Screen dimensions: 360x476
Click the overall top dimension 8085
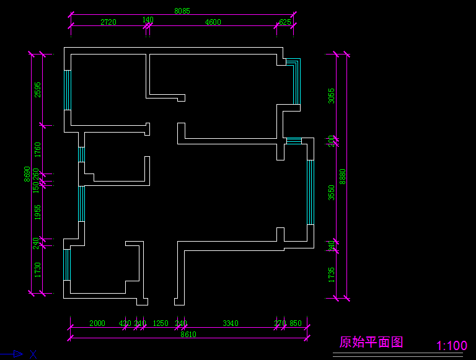[182, 11]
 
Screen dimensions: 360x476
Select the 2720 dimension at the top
[108, 22]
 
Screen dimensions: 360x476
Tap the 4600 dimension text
[213, 22]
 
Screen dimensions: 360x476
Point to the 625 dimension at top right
[285, 22]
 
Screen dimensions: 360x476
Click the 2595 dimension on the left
[38, 90]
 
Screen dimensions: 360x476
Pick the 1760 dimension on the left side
[38, 149]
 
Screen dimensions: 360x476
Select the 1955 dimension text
[38, 213]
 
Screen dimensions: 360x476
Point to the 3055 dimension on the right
[332, 95]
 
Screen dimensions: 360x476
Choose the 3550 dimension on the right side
[332, 192]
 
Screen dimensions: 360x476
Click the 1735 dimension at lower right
[332, 274]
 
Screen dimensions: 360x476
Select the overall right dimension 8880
[342, 177]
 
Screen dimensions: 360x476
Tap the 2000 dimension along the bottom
[97, 323]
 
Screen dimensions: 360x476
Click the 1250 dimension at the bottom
[161, 323]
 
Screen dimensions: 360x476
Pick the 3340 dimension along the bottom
[231, 323]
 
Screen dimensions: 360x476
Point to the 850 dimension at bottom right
[296, 323]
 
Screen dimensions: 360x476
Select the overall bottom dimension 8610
[188, 334]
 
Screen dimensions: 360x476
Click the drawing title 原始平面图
[371, 342]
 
